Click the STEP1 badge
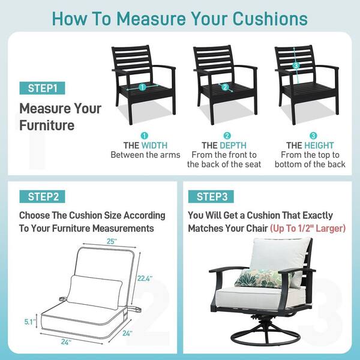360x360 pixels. tap(42, 88)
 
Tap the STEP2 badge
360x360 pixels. tap(42, 197)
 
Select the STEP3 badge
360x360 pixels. tap(211, 197)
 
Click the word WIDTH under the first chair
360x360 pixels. tap(155, 146)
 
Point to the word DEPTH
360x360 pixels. tap(233, 146)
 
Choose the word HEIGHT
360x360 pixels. tap(319, 146)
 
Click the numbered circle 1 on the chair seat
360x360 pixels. tap(142, 87)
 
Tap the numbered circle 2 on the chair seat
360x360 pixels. tap(225, 87)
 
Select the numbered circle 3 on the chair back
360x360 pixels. tap(296, 65)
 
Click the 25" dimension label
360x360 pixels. tap(112, 242)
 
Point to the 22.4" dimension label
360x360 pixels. tap(145, 278)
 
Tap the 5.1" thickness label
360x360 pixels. tap(30, 322)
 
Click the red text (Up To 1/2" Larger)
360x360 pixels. tap(308, 229)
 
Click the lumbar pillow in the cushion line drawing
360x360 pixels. tap(95, 292)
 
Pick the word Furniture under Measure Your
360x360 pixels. tap(47, 125)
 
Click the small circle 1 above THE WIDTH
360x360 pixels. tap(144, 136)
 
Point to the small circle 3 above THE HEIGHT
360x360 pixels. tap(313, 136)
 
